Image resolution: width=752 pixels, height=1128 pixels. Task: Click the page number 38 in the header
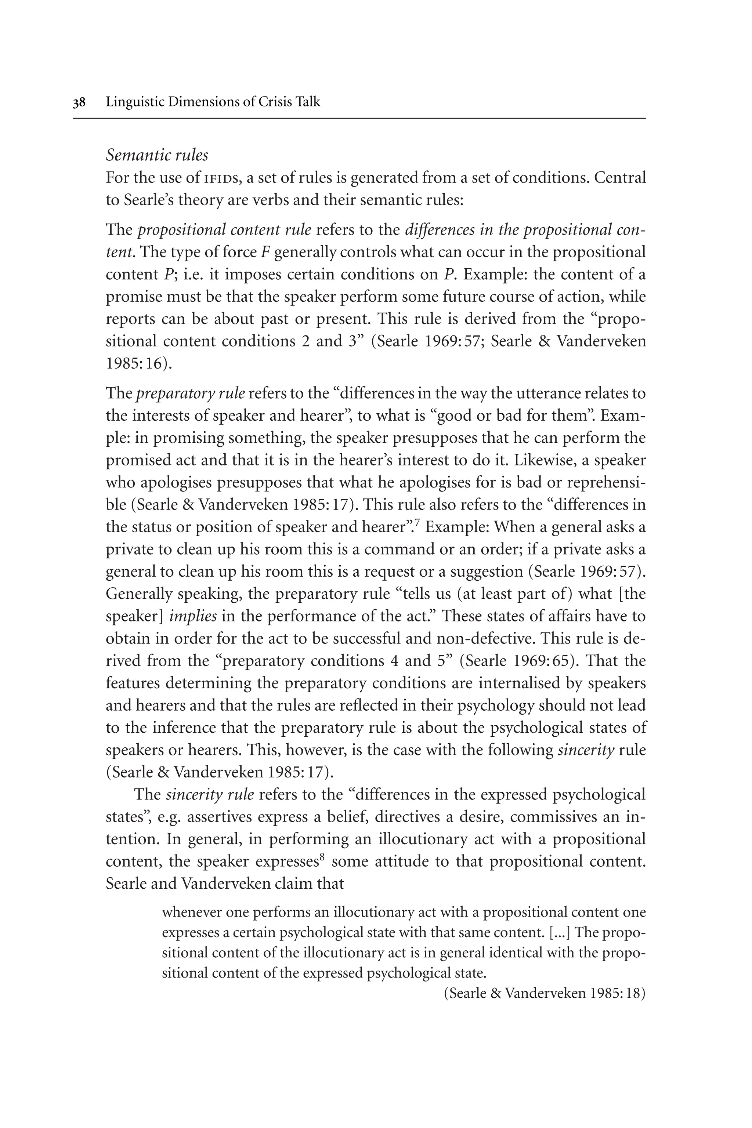point(79,102)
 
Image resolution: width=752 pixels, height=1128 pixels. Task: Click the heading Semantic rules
point(157,155)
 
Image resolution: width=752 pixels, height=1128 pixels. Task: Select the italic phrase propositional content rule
point(224,230)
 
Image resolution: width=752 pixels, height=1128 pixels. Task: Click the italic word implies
point(193,616)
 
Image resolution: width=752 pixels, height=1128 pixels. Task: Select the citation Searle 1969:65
point(515,661)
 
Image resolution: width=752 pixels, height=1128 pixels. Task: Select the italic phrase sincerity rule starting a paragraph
point(210,794)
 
